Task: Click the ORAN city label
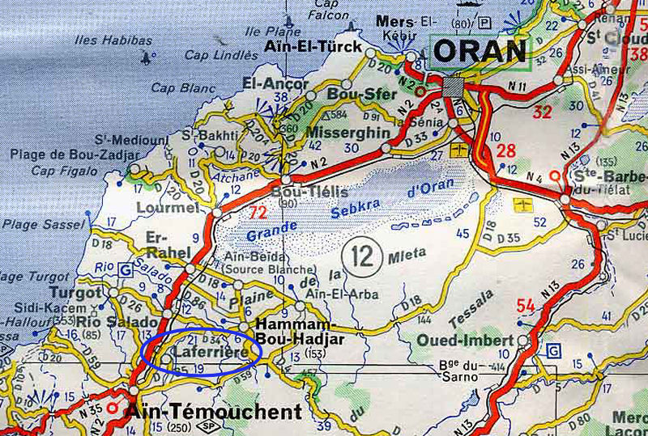(x=480, y=53)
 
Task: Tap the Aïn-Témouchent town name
(x=213, y=412)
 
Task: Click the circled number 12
(x=360, y=256)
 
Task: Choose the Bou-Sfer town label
(x=351, y=95)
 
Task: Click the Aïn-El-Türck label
(x=313, y=47)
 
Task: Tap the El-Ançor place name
(x=275, y=83)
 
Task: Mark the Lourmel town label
(x=168, y=208)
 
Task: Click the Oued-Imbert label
(x=465, y=341)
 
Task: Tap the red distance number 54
(x=525, y=305)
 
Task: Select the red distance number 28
(x=506, y=150)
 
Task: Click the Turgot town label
(x=75, y=292)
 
